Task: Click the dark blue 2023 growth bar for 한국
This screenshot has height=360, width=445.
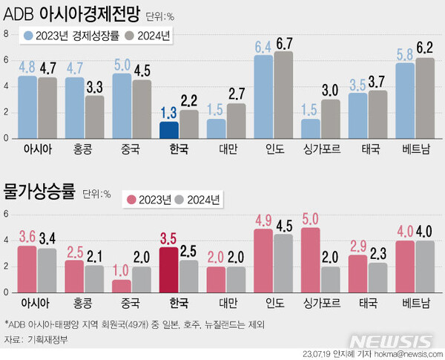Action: coord(169,130)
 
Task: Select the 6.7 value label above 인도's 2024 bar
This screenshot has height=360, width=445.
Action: coord(283,44)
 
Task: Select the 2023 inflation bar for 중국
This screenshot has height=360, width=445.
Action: coord(122,286)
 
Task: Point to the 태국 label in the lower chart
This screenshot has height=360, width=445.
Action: coord(368,302)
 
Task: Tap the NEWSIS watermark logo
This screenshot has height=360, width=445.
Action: coord(390,341)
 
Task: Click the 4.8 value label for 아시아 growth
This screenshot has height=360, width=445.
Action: coord(27,66)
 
